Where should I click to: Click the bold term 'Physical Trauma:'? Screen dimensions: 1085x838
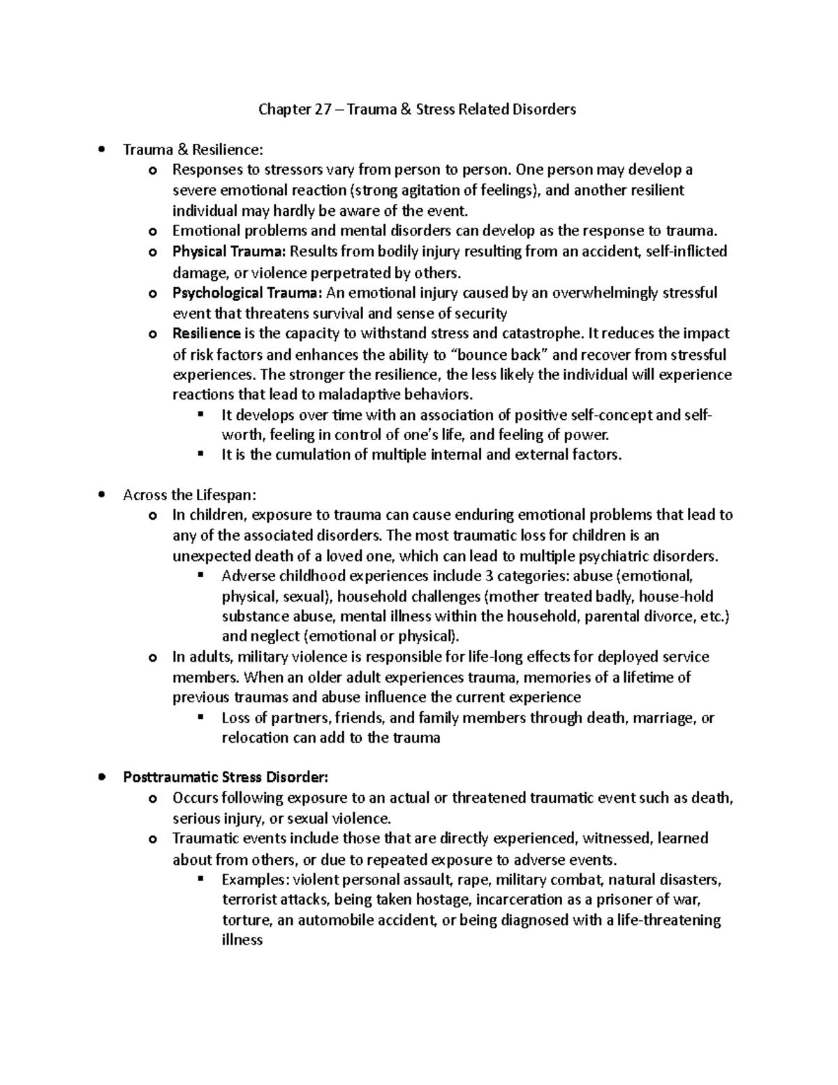(x=229, y=252)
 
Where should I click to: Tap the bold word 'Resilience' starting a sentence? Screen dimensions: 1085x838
(x=206, y=333)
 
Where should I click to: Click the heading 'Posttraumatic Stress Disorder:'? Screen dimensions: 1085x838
(x=225, y=777)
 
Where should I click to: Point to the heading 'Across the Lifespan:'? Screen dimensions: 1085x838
(x=189, y=495)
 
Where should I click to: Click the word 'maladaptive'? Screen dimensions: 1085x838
(x=359, y=394)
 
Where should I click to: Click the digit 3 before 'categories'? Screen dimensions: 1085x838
(x=478, y=576)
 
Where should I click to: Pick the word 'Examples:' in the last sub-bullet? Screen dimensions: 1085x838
(x=255, y=880)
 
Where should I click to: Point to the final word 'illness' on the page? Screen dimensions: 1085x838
(x=242, y=940)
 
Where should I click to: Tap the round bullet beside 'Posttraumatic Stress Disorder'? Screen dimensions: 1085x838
(x=103, y=777)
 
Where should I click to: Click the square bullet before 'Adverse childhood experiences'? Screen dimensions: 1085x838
(x=201, y=576)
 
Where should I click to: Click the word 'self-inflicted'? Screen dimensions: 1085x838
(x=687, y=252)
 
